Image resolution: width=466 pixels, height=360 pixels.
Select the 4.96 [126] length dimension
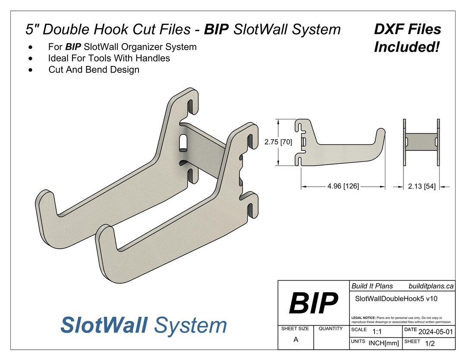click(343, 186)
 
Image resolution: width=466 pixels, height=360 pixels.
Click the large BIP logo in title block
click(313, 303)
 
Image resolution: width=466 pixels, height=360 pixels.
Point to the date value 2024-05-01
click(436, 332)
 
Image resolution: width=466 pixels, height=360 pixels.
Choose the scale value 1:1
click(377, 332)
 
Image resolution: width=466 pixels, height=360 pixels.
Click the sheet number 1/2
click(430, 344)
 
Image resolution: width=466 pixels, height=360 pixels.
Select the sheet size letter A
click(296, 339)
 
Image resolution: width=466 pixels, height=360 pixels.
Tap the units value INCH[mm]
click(384, 343)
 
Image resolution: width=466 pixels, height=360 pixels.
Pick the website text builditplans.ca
click(431, 286)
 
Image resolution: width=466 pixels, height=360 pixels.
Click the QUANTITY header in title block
click(331, 329)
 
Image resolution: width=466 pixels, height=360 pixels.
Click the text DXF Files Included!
click(407, 38)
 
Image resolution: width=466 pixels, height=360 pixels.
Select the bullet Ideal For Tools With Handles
click(109, 58)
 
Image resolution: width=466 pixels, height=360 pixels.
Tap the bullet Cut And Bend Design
click(94, 69)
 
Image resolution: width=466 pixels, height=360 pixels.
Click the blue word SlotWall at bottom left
click(104, 325)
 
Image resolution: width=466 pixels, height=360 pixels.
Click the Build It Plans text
click(372, 286)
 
